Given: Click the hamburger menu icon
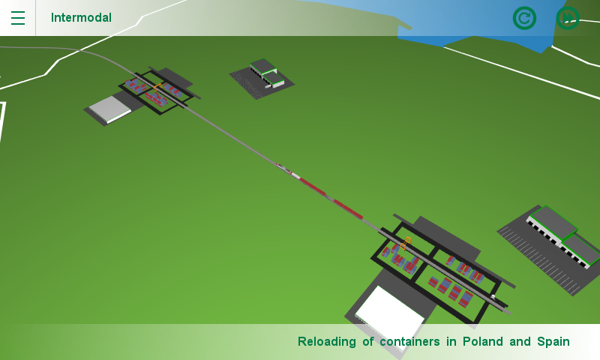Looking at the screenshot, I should coord(17,18).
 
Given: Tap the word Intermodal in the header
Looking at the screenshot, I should coord(81,18).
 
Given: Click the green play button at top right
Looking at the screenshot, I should coord(568,18).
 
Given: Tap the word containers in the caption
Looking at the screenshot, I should coord(409,342).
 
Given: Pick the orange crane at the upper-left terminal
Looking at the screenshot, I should coord(157,88).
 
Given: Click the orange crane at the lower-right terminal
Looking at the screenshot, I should coord(406,243).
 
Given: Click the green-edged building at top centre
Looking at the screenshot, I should coord(264,71).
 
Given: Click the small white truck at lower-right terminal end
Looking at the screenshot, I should coord(493,298).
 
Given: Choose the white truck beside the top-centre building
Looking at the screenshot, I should coord(278,84).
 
